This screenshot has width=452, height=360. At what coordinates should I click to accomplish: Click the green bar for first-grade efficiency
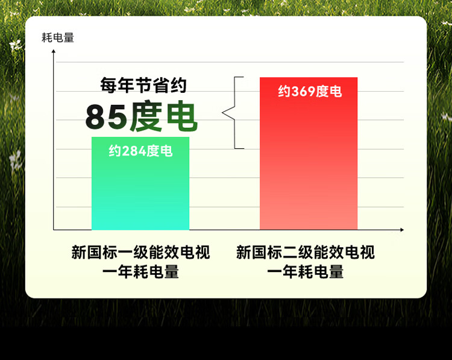pos(140,183)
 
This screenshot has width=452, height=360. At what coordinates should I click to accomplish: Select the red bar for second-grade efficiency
pos(309,153)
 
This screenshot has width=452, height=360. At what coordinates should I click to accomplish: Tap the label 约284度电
pos(140,151)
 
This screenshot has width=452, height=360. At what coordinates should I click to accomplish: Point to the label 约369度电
pos(310,92)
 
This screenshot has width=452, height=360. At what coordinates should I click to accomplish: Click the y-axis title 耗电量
pos(58,37)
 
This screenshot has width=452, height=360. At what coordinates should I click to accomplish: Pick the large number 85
pos(106,117)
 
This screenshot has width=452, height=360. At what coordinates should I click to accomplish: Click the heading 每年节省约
pos(143,85)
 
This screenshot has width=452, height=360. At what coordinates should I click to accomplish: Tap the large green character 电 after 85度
pos(182,116)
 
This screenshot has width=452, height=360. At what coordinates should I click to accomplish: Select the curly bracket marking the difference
pos(233,113)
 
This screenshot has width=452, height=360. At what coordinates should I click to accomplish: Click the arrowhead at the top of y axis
pos(53,51)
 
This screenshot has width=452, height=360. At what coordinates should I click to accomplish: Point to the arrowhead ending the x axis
pos(402,230)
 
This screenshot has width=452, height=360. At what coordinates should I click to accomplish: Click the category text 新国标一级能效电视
pos(140,252)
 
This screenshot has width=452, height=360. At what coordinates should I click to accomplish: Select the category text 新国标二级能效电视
pos(306,252)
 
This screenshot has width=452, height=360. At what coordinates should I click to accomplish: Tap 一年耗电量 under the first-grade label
pos(140,272)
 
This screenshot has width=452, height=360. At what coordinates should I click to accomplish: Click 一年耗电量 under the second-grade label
pos(306,272)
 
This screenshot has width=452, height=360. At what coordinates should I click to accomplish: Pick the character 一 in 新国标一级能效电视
pos(125,253)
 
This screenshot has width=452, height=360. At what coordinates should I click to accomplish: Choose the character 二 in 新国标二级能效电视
pos(290,253)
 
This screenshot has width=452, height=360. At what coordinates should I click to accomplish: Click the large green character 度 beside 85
pos(146,116)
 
